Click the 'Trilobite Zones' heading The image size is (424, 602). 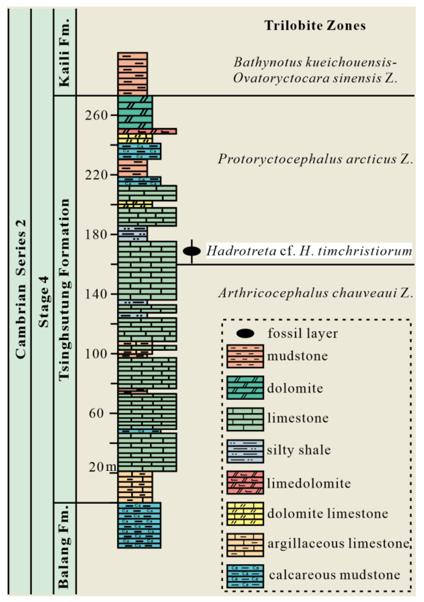(x=315, y=26)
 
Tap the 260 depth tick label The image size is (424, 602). (x=96, y=115)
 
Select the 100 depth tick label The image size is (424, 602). (x=96, y=354)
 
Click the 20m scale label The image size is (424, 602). (x=102, y=467)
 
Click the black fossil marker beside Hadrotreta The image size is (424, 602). (x=192, y=251)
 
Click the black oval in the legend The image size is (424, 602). (x=245, y=333)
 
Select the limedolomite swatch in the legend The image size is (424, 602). (x=245, y=483)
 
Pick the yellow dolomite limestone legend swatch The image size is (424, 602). (x=245, y=514)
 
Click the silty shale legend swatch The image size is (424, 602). (x=245, y=451)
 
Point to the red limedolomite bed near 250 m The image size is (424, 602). (x=147, y=131)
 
